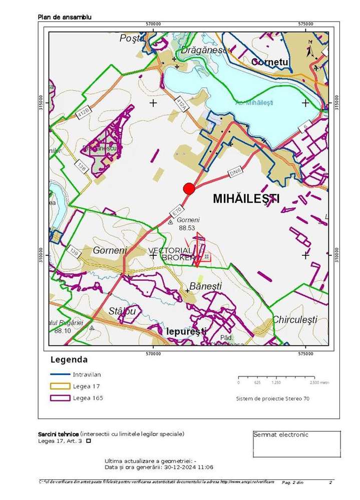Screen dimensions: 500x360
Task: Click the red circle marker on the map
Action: click(x=189, y=188)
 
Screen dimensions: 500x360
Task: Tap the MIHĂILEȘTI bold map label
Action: click(x=246, y=198)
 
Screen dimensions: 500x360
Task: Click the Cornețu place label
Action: click(x=270, y=62)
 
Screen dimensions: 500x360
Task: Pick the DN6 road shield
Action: click(x=236, y=172)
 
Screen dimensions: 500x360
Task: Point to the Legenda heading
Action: click(x=69, y=359)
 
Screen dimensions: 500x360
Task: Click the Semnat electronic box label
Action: click(x=281, y=434)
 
